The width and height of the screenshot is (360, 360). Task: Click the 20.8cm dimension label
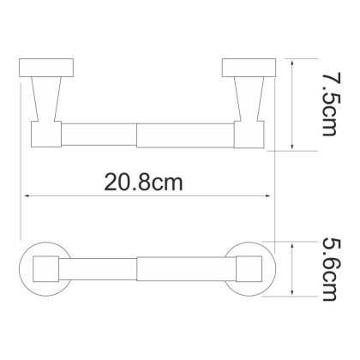pyautogui.click(x=145, y=182)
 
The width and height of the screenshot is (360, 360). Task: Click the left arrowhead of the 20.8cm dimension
pyautogui.click(x=26, y=197)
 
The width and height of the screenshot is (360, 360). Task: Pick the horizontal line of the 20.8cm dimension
pyautogui.click(x=86, y=197)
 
